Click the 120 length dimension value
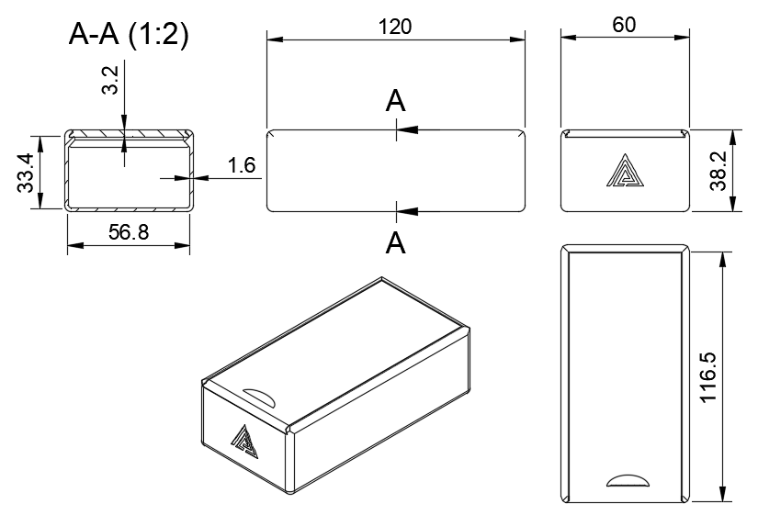click(x=395, y=26)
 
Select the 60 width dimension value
click(x=625, y=25)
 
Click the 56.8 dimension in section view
click(x=129, y=232)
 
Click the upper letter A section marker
click(x=395, y=101)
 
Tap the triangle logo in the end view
click(x=625, y=172)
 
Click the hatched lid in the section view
click(x=129, y=136)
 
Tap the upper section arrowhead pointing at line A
click(x=408, y=129)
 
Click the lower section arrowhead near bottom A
click(x=408, y=211)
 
